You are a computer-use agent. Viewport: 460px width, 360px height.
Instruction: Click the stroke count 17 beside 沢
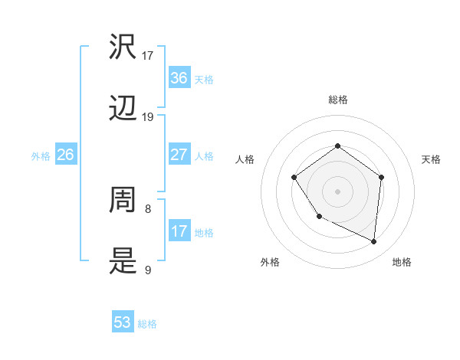click(148, 56)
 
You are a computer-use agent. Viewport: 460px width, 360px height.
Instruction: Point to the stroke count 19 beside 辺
click(148, 116)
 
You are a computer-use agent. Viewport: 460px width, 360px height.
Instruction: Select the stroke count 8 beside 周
click(148, 208)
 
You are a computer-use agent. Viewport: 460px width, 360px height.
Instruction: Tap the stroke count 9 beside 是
click(148, 269)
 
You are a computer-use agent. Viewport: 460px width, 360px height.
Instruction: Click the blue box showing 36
click(179, 78)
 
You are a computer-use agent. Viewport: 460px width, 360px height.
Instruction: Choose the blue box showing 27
click(179, 155)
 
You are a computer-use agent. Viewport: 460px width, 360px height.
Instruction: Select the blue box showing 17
click(179, 231)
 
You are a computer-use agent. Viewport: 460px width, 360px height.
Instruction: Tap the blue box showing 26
click(65, 155)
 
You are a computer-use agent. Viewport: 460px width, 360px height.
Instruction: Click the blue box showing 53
click(123, 322)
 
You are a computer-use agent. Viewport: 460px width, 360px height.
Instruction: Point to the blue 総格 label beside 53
click(147, 324)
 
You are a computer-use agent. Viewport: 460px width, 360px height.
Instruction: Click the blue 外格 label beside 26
click(41, 156)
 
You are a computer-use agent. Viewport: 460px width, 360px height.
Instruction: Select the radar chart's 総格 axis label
click(337, 100)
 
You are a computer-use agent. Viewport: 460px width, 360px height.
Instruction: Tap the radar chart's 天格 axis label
click(431, 159)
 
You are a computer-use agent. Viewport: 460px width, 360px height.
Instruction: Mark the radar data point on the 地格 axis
click(373, 241)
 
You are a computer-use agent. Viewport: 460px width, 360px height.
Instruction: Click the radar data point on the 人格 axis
click(294, 178)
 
